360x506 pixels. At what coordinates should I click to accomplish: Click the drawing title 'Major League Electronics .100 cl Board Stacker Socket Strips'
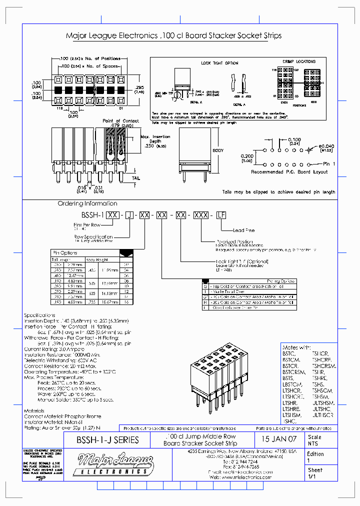click(x=173, y=36)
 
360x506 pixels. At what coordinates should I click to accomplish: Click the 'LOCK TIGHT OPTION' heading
click(x=219, y=63)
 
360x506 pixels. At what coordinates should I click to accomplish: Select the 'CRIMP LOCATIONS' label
click(x=299, y=61)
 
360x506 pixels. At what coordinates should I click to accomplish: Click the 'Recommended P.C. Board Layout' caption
click(x=289, y=172)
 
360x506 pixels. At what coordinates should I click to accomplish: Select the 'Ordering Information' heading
click(x=87, y=203)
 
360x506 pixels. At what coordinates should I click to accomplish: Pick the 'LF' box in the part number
click(x=220, y=214)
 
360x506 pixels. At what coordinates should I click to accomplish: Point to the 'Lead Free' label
click(x=244, y=230)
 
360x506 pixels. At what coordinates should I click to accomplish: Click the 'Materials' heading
click(x=34, y=411)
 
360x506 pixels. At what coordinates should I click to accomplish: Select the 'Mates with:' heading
click(x=297, y=347)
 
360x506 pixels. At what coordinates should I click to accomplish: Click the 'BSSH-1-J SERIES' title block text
click(x=107, y=440)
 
